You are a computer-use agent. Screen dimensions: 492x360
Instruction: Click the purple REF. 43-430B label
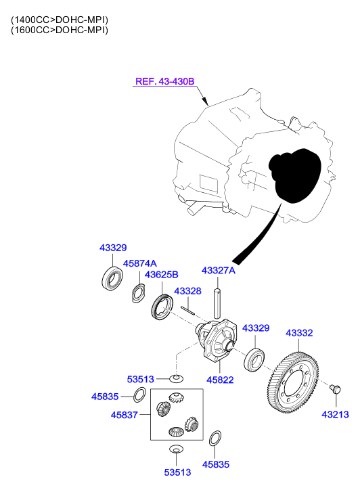[164, 81]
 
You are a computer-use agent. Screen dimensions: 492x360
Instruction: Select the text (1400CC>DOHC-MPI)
[60, 20]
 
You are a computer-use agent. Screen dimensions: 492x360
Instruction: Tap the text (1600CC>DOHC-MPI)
[60, 30]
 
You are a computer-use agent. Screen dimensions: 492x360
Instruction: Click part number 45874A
[139, 263]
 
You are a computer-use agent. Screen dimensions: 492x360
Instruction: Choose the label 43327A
[218, 271]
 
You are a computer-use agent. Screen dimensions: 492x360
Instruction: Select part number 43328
[188, 290]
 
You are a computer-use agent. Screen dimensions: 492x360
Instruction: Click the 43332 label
[298, 333]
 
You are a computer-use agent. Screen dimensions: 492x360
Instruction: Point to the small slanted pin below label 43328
[188, 308]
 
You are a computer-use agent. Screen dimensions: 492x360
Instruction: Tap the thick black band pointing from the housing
[257, 237]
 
